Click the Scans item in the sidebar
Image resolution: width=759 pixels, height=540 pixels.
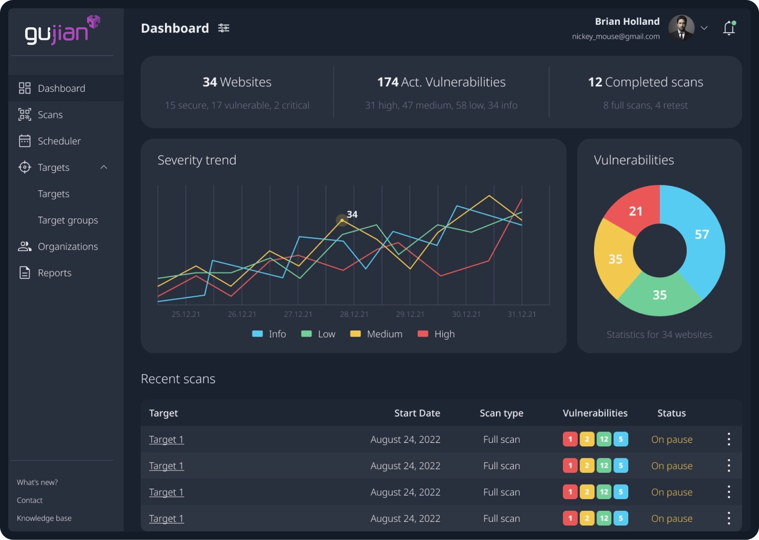(x=50, y=115)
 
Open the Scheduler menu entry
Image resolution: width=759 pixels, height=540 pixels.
(x=59, y=141)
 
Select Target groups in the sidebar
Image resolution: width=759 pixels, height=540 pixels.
(x=68, y=220)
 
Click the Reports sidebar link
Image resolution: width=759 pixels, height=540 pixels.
(x=54, y=273)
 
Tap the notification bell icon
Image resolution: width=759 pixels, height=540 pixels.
(x=729, y=28)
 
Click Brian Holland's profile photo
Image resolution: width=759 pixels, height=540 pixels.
(x=681, y=28)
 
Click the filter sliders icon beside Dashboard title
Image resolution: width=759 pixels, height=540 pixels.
(x=224, y=28)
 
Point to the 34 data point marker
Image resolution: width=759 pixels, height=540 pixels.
(x=342, y=220)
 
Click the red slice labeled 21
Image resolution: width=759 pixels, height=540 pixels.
(x=635, y=211)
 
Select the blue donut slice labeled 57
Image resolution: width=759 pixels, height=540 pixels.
(x=701, y=234)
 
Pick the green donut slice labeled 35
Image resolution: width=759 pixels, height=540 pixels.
(x=659, y=295)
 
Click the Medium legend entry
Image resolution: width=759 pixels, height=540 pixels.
(x=376, y=334)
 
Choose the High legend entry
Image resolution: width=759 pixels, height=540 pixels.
(x=436, y=334)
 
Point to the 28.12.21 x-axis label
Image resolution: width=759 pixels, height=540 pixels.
(x=354, y=314)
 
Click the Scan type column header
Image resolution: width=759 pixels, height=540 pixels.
(x=501, y=413)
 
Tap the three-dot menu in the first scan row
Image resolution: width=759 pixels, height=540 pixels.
(x=729, y=439)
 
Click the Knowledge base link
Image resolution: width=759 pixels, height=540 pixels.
(x=44, y=518)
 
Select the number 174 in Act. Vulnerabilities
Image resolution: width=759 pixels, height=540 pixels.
(x=387, y=82)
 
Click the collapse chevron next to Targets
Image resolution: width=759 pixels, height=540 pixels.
(x=104, y=167)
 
